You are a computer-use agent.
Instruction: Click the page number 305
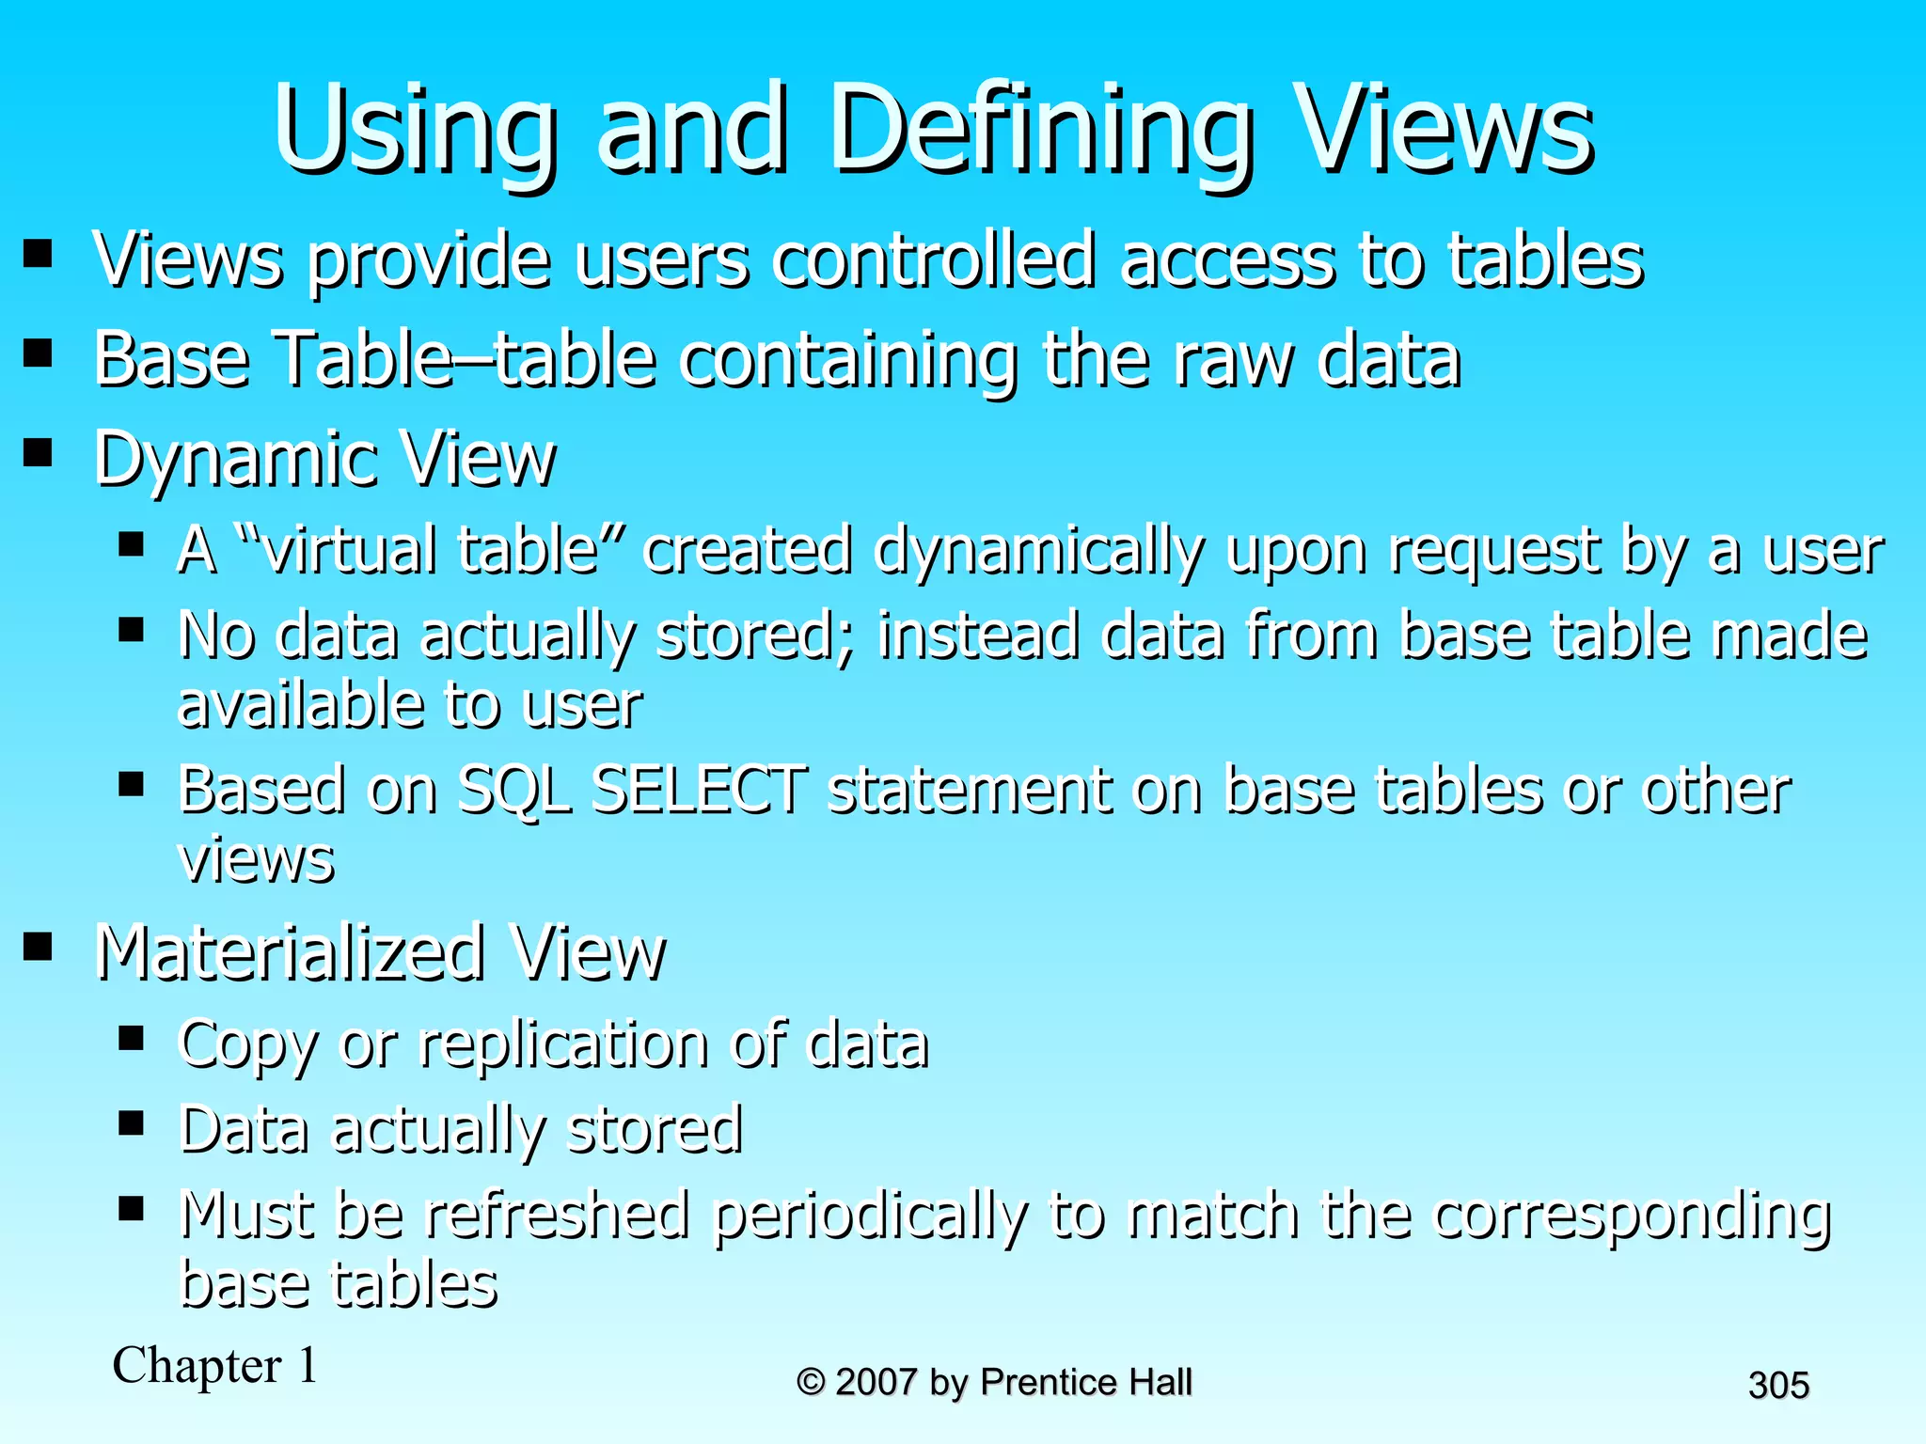1778,1386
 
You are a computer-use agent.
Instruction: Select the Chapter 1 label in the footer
215,1365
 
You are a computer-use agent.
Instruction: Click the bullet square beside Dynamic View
38,453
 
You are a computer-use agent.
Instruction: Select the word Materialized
290,953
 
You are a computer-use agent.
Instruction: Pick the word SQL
513,792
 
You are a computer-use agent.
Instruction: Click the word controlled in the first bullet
933,259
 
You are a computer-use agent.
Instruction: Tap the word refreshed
556,1215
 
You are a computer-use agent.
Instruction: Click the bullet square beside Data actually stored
131,1122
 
